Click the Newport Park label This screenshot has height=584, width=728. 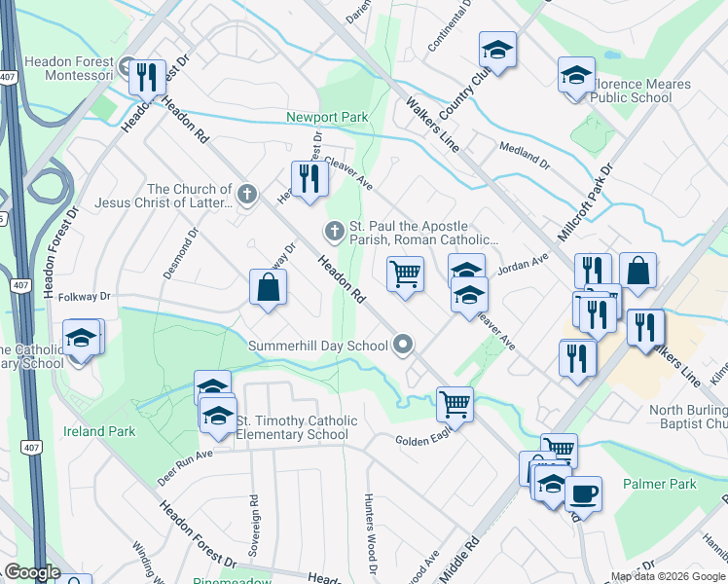(327, 118)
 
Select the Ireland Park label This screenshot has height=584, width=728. (99, 431)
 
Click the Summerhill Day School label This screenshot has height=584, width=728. (318, 346)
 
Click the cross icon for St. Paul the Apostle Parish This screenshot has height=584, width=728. (334, 231)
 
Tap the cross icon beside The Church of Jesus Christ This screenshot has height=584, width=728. (247, 194)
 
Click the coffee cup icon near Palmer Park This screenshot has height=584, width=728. (583, 493)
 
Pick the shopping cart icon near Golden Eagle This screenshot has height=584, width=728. (455, 402)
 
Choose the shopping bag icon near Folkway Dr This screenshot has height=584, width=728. (268, 288)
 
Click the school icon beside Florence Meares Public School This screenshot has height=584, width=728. (575, 75)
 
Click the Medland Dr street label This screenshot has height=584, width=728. (524, 153)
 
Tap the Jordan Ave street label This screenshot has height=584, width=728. (524, 264)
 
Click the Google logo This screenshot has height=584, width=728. (31, 572)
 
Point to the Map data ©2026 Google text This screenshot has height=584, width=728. (667, 576)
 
